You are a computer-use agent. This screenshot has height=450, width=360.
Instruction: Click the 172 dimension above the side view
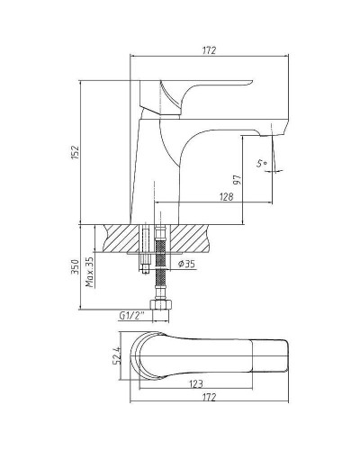tap(209, 50)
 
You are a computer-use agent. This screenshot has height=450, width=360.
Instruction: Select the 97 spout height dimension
tap(238, 180)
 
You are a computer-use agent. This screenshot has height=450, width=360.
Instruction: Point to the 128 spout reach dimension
tap(226, 197)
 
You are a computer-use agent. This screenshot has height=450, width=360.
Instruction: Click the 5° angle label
tap(262, 163)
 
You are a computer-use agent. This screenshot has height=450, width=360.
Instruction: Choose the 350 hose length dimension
tap(75, 267)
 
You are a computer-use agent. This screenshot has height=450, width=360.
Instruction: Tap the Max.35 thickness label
tap(89, 272)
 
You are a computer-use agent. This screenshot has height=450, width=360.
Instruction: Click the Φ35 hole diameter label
tap(186, 264)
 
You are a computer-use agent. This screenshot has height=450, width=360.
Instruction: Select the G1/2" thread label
tap(132, 316)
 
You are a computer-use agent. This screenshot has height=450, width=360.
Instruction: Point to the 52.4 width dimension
tap(116, 355)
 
